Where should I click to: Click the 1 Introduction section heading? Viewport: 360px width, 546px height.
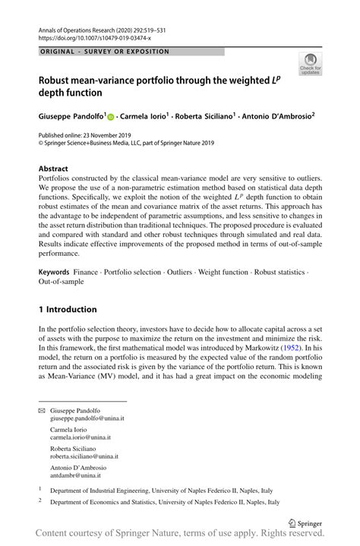68,309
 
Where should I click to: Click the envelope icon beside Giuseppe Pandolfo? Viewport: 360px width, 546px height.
42,409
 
